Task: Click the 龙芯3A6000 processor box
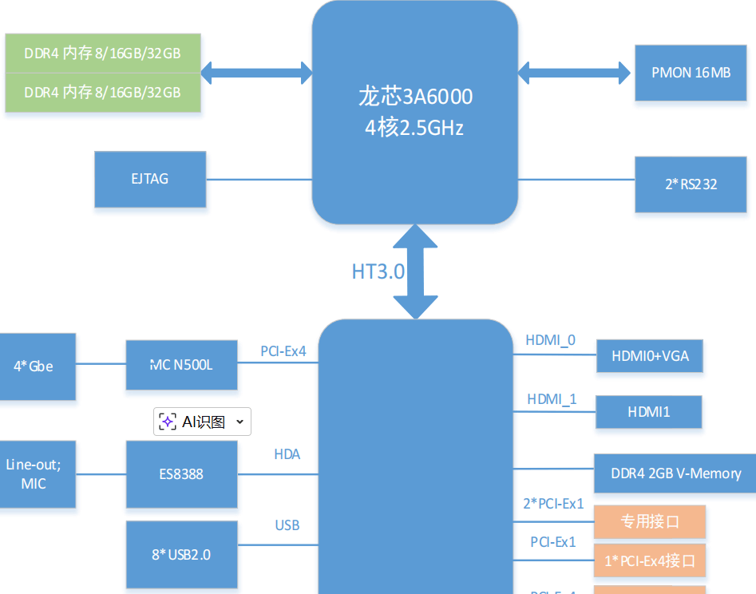point(414,112)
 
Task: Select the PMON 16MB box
point(691,73)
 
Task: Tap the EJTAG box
point(150,179)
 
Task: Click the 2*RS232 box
point(691,184)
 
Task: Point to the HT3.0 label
point(378,271)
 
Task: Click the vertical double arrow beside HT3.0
point(415,271)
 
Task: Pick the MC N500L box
point(181,366)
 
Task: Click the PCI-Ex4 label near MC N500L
point(283,351)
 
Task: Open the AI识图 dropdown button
point(202,422)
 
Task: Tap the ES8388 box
point(181,474)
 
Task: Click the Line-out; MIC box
point(35,474)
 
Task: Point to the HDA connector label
point(287,455)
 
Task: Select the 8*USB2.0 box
point(181,554)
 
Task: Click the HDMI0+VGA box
point(649,356)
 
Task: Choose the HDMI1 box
point(649,412)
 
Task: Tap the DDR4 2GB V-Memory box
point(675,473)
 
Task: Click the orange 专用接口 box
point(650,522)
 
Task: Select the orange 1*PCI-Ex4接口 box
point(650,561)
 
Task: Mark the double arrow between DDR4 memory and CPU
point(256,73)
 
